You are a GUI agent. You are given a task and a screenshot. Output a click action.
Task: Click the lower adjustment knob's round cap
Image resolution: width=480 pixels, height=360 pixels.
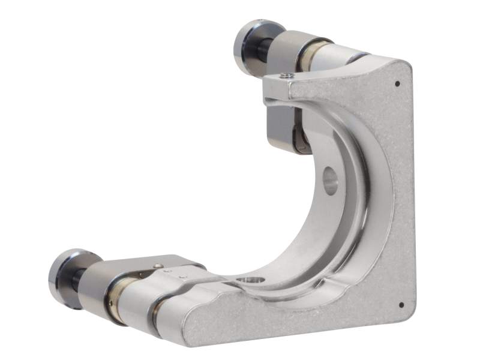click(x=65, y=277)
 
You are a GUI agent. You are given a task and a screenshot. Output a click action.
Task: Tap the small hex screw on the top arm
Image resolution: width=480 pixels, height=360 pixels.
click(x=288, y=75)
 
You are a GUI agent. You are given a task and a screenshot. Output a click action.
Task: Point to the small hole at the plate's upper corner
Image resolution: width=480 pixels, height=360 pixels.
click(x=398, y=84)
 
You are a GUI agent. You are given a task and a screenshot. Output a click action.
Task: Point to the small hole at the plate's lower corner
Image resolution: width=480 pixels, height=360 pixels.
click(x=401, y=304)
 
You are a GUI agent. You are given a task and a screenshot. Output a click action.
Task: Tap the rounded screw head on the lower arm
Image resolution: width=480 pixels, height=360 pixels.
click(x=157, y=266)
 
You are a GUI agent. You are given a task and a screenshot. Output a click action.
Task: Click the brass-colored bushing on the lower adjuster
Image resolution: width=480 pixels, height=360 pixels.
click(x=115, y=298)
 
